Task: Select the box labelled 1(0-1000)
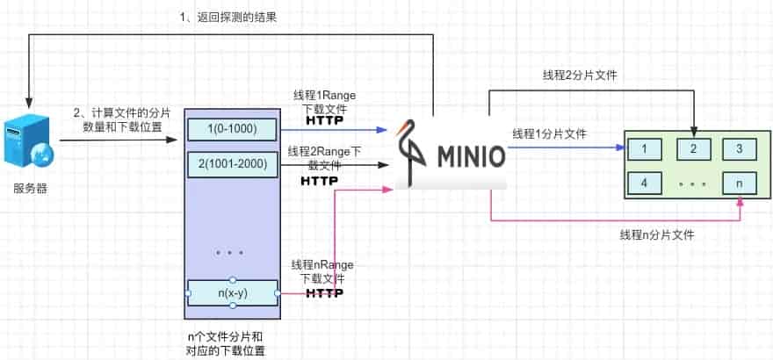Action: (x=232, y=129)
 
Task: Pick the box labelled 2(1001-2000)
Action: (x=232, y=163)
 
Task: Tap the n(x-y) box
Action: (x=232, y=292)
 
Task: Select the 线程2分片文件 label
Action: (x=580, y=75)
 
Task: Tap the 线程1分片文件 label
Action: (x=550, y=134)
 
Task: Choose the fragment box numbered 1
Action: (x=646, y=148)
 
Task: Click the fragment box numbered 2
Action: (x=693, y=148)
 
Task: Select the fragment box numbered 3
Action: (x=740, y=148)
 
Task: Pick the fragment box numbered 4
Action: (x=646, y=183)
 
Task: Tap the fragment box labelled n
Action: (x=740, y=183)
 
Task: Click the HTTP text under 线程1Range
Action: (x=324, y=120)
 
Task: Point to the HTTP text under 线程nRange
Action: (x=324, y=292)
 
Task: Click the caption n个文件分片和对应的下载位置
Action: (x=228, y=342)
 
